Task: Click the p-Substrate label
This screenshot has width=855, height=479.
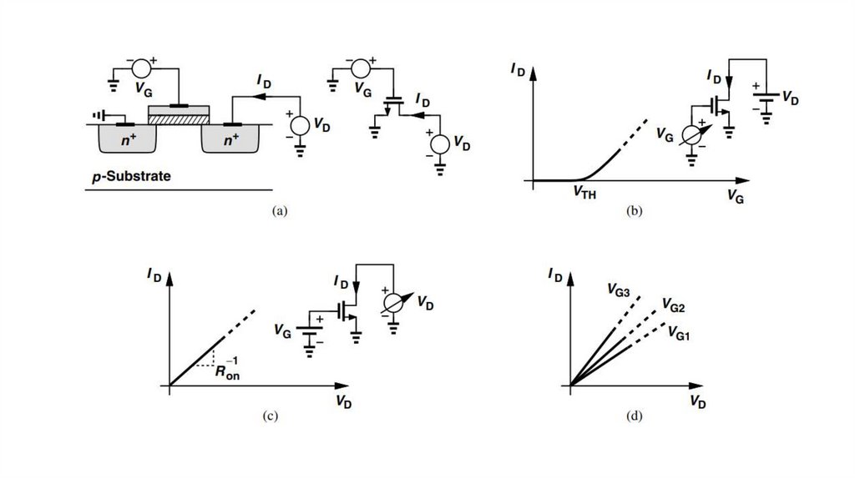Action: click(x=131, y=177)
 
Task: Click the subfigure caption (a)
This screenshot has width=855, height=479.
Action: click(x=280, y=211)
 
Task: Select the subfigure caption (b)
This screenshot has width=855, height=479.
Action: click(x=635, y=211)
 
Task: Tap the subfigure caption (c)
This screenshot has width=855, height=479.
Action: click(x=268, y=415)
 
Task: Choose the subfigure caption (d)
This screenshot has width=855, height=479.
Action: click(x=637, y=415)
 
